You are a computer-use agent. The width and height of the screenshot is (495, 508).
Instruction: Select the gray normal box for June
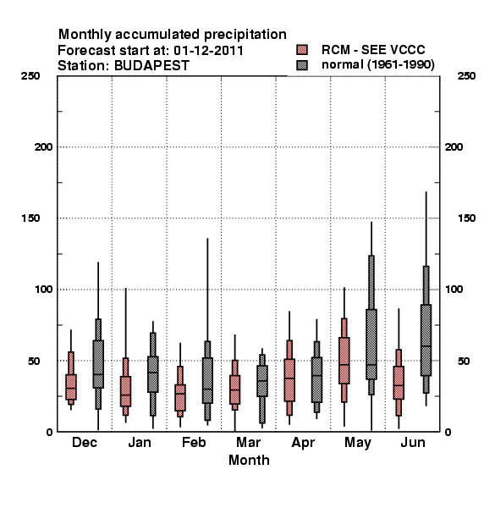[426, 340]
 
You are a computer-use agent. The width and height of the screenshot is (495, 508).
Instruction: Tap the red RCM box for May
[344, 361]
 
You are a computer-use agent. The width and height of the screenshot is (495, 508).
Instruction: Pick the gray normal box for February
[207, 380]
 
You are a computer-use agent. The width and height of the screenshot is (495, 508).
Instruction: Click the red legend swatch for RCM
[302, 50]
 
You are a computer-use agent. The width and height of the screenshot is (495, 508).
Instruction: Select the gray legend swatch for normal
[302, 65]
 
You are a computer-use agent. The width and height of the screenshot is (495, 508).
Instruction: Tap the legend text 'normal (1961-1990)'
[377, 65]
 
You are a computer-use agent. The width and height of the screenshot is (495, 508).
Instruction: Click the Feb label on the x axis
[194, 442]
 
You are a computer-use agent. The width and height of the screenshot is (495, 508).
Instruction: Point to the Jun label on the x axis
[413, 442]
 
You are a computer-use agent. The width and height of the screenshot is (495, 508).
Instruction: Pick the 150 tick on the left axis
[30, 218]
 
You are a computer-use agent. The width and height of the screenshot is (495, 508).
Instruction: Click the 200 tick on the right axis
[454, 146]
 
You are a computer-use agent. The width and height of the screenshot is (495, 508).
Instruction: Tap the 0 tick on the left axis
[49, 432]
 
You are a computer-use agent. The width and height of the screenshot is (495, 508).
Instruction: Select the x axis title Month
[249, 460]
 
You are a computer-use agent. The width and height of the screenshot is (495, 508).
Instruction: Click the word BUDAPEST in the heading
[151, 65]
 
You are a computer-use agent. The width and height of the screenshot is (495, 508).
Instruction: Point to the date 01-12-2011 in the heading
[208, 50]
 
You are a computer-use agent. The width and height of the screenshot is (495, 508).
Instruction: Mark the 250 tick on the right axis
[466, 76]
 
